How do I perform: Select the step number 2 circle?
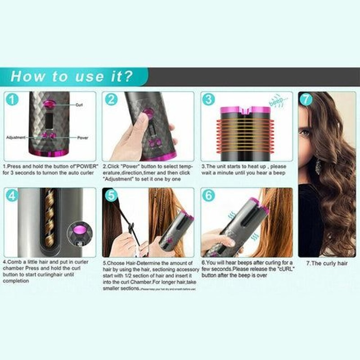point(111,99)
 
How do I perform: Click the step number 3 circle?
point(208,99)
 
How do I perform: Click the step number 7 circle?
point(306,99)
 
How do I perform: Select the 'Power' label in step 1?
point(82,137)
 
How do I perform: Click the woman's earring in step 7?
point(318,166)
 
